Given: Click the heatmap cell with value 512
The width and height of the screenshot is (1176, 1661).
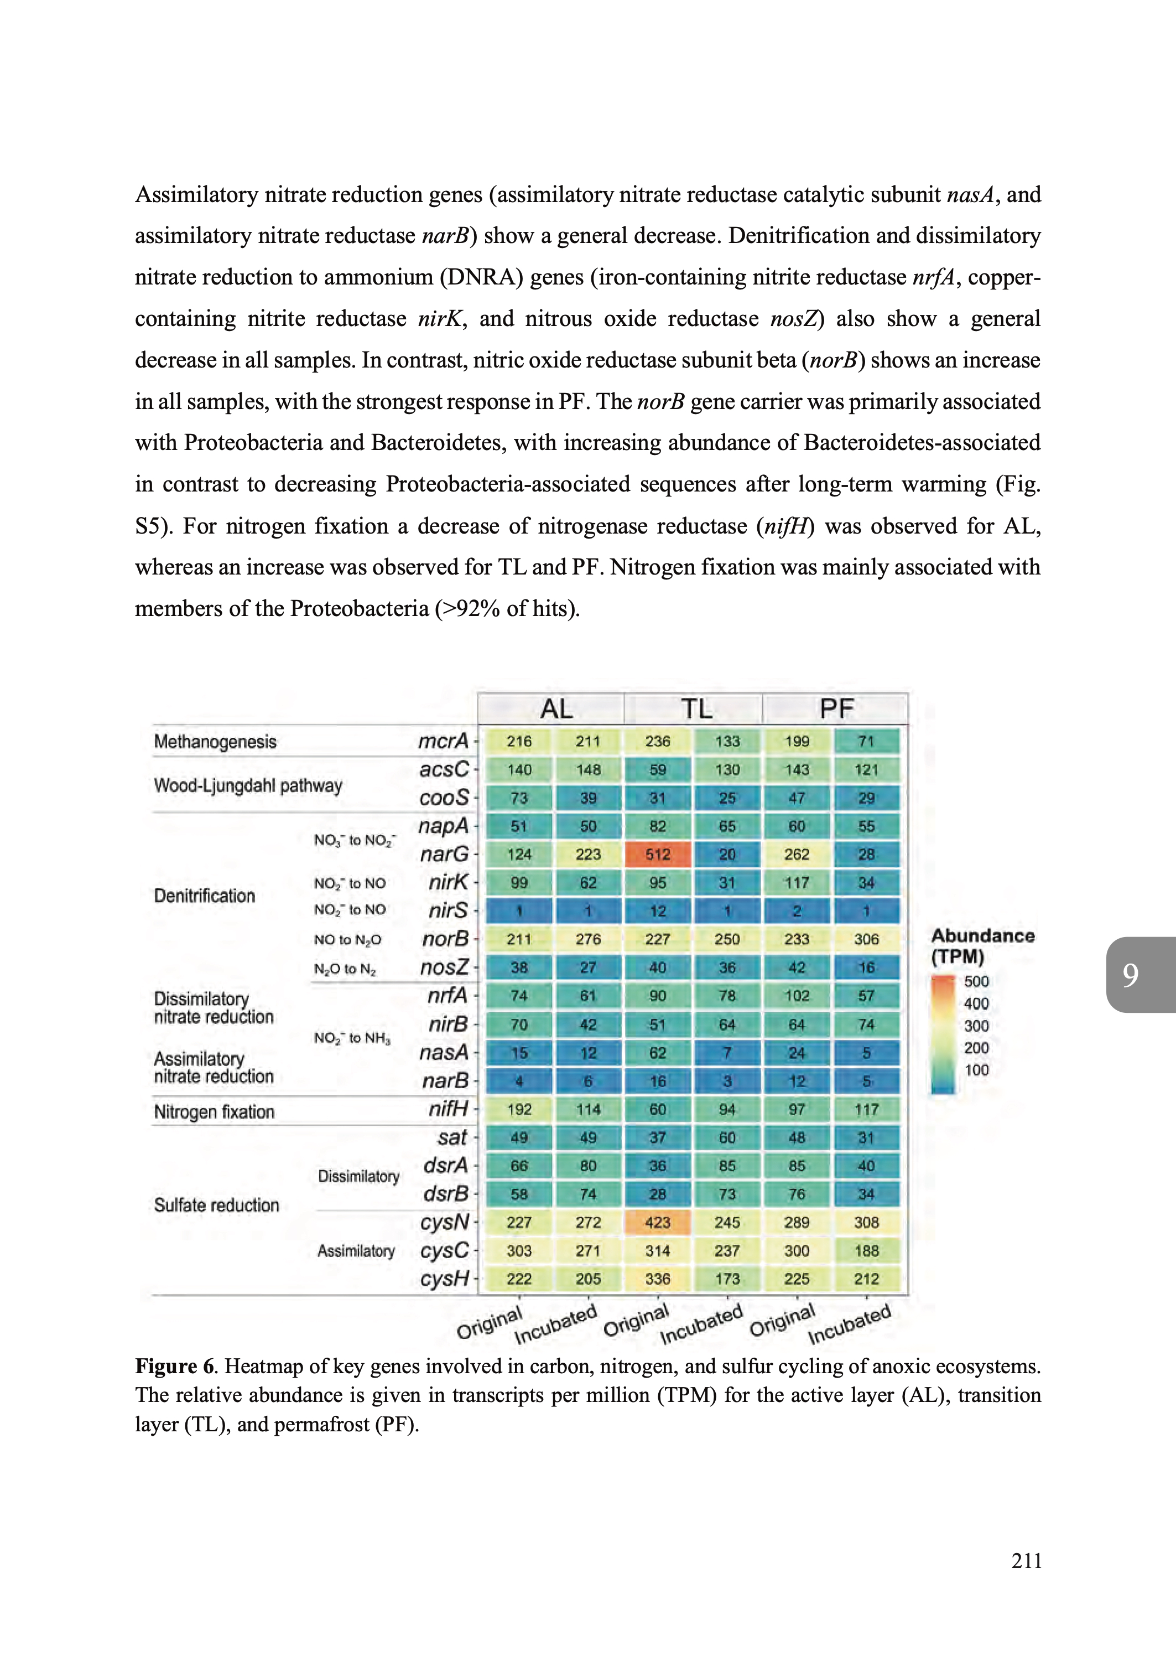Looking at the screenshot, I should click(x=658, y=854).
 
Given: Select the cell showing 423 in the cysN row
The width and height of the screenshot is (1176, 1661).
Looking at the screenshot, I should click(x=658, y=1222).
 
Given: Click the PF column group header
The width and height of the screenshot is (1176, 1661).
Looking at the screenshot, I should click(x=836, y=708).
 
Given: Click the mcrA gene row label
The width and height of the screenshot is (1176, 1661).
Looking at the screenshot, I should click(x=443, y=741).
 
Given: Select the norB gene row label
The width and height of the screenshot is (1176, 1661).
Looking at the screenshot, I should click(x=445, y=939).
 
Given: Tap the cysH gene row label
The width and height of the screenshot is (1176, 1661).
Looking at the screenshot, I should click(x=445, y=1279).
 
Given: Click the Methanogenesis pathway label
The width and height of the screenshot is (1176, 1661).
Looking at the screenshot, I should click(x=215, y=742).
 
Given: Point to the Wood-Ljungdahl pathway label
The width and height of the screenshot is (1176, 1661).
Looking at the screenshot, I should click(x=248, y=785).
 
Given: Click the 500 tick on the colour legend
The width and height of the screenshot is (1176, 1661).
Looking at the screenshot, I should click(x=976, y=981).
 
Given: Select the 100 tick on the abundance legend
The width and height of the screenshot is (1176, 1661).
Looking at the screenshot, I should click(x=976, y=1070).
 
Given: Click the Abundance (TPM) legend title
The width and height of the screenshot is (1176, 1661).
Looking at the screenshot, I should click(x=982, y=946).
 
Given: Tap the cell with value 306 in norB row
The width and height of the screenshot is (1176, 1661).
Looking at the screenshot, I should click(x=866, y=939).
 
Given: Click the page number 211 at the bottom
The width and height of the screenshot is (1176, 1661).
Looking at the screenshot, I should click(x=1026, y=1560).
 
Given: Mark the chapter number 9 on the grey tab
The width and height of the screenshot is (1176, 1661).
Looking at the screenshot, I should click(x=1131, y=975).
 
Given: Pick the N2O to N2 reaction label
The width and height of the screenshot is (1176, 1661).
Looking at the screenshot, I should click(x=345, y=969).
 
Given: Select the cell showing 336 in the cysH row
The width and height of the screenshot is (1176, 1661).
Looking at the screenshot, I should click(x=658, y=1279).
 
